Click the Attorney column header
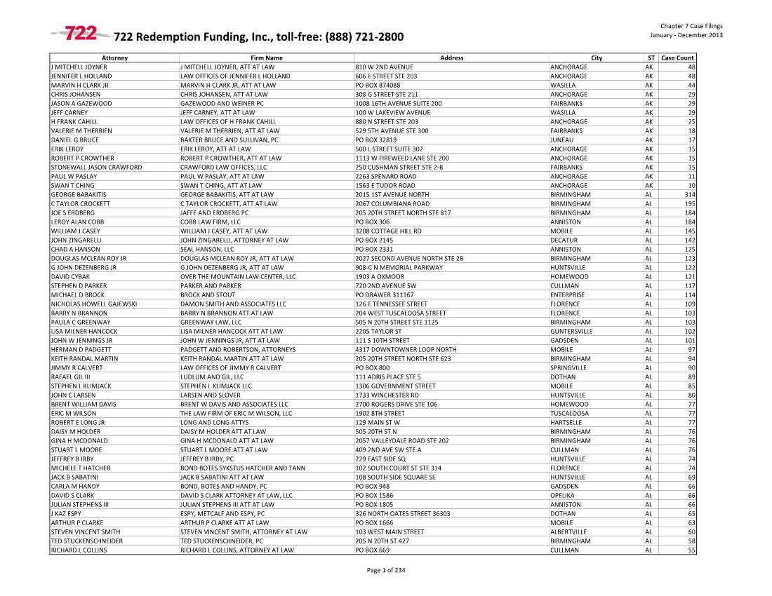(114, 57)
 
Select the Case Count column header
(677, 57)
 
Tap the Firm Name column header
(266, 57)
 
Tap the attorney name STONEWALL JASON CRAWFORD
(96, 167)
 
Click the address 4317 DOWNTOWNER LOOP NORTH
(406, 349)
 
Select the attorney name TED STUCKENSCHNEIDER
(87, 541)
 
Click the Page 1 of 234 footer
(386, 570)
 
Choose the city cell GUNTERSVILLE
(571, 331)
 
